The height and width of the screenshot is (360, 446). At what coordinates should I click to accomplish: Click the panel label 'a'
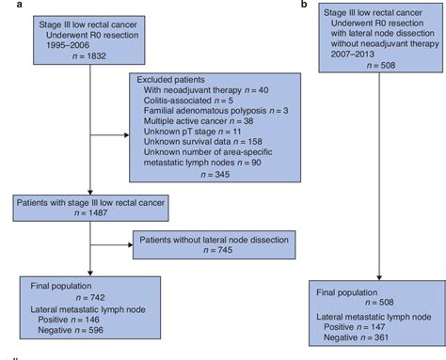click(5, 6)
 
